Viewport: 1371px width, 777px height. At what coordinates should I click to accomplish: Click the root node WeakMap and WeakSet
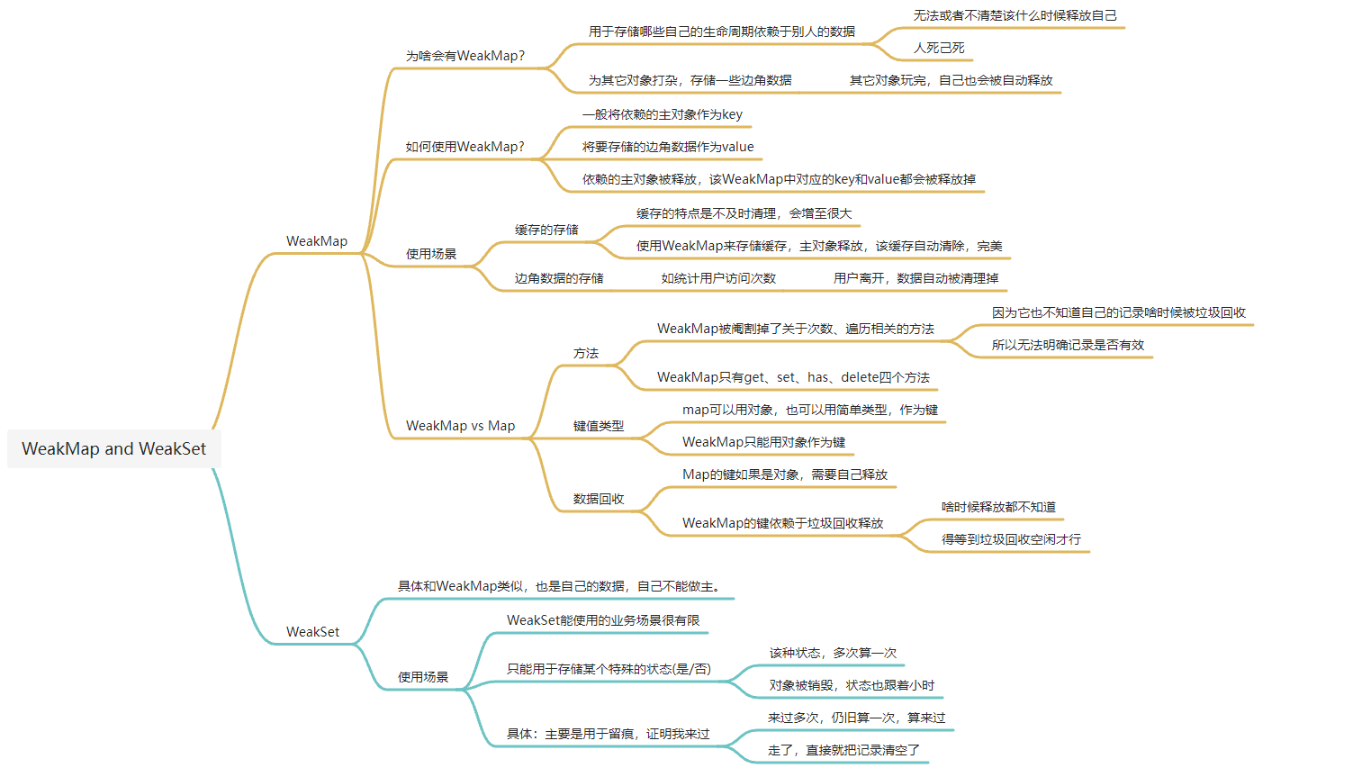[113, 448]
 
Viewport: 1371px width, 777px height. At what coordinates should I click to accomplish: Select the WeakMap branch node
[317, 241]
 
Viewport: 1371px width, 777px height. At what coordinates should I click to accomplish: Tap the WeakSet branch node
[312, 632]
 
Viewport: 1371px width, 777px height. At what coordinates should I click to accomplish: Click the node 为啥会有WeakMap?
[465, 56]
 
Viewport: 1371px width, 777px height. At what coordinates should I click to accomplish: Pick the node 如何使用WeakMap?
[465, 147]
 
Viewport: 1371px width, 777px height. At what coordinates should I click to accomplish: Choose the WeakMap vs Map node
[460, 426]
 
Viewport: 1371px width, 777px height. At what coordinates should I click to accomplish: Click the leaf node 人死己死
[939, 48]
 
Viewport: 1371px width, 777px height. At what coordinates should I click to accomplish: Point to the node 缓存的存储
[546, 230]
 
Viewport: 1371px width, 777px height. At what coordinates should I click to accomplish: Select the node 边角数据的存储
[559, 278]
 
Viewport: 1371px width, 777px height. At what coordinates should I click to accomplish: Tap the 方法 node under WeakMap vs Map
[586, 353]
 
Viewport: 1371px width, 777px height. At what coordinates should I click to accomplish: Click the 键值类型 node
[599, 426]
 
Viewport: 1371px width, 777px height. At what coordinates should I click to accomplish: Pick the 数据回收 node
[599, 499]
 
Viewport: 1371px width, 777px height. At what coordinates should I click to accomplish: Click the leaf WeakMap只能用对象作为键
[763, 442]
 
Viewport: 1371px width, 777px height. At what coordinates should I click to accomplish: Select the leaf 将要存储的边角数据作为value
[668, 147]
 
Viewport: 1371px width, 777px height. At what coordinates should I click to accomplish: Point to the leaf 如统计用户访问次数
[718, 278]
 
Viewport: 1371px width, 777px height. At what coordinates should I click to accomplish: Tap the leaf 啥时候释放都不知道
[998, 507]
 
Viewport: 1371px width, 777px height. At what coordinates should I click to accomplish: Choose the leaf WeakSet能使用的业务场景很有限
[603, 620]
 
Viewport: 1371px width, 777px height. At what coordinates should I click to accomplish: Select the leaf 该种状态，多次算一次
[833, 653]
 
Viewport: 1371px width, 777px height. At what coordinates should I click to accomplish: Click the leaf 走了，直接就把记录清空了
[843, 750]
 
